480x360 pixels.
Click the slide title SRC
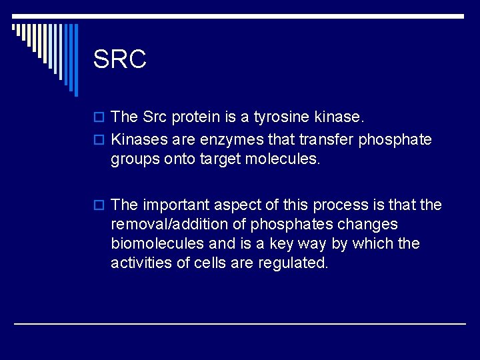pyautogui.click(x=120, y=59)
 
